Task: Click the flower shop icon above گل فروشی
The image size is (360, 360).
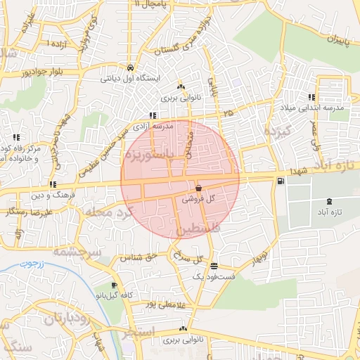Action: tap(198, 188)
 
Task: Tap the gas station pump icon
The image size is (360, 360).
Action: tap(281, 182)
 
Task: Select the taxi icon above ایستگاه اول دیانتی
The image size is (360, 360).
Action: tap(131, 67)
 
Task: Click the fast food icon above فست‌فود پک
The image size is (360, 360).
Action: tap(214, 266)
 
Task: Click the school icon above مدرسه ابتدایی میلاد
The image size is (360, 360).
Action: tap(310, 97)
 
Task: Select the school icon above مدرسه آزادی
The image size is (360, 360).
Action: tap(153, 115)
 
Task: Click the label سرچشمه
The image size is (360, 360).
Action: tap(77, 252)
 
